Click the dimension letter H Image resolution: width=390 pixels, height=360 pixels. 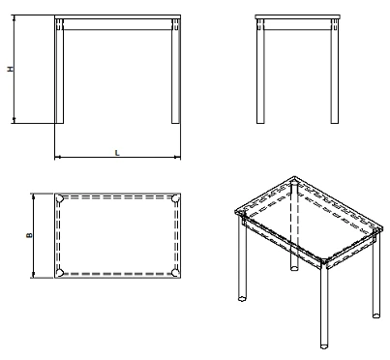[10, 70]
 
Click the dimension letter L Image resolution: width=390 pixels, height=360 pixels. [117, 153]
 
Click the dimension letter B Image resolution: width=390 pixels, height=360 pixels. [30, 235]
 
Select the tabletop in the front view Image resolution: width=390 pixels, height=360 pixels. [118, 18]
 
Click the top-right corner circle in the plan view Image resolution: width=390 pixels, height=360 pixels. [176, 198]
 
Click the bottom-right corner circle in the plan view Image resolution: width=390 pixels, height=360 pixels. [176, 272]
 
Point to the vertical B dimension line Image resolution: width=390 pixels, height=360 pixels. [35, 256]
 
